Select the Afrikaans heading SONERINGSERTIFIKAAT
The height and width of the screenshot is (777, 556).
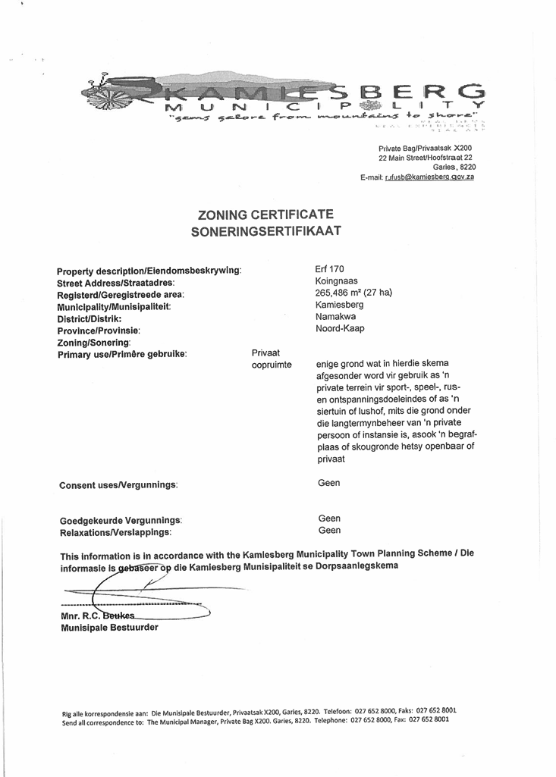[265, 231]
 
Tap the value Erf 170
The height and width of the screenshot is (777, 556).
[329, 268]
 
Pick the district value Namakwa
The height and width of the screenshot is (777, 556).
[335, 317]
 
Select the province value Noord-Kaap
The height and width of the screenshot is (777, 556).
[341, 329]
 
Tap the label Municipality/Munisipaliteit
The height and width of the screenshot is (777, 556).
[115, 306]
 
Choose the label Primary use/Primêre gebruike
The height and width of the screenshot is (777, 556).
[122, 354]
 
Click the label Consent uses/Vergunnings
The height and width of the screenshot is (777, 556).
[118, 484]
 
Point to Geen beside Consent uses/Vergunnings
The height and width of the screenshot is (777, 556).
[330, 483]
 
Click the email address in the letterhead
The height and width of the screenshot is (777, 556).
[429, 177]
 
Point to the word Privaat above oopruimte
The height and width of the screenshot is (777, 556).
[266, 352]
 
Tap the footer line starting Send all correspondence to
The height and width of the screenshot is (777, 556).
[255, 722]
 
